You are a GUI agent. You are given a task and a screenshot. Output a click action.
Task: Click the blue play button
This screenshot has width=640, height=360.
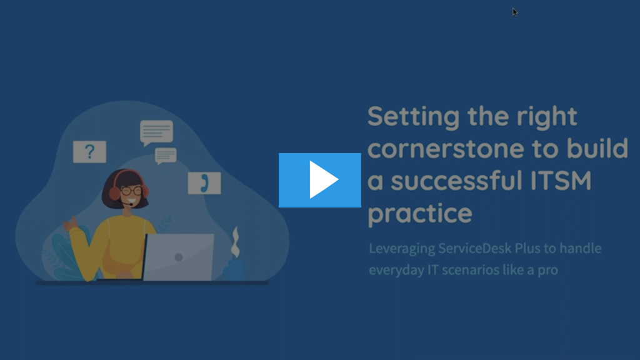pos(319,180)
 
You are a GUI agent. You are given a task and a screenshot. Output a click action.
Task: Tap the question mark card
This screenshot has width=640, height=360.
pos(89,151)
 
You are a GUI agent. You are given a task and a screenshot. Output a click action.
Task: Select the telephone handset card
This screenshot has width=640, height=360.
pos(204,183)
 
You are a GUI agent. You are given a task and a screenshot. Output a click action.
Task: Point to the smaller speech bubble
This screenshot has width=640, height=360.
pos(165,156)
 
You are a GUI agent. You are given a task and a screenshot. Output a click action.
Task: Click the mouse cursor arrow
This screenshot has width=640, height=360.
pos(515,12)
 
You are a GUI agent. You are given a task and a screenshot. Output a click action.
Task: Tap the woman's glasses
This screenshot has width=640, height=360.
pos(131,191)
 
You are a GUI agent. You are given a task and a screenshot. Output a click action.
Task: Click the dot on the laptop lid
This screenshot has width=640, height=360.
pos(178,257)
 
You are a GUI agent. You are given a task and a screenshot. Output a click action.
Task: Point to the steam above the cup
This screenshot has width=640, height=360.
pos(235,242)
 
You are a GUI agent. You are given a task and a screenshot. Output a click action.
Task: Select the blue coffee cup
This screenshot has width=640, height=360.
pos(234,269)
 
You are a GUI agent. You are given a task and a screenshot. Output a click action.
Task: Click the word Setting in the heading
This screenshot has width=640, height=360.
pos(414,117)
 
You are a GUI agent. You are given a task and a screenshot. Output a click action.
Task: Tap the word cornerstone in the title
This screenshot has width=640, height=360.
pos(446,149)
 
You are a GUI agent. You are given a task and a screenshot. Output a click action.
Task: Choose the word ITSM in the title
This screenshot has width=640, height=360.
pos(561,181)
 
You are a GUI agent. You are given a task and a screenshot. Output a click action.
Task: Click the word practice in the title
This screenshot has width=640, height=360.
pos(420,214)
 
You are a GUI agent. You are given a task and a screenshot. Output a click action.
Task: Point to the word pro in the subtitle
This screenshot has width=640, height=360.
pos(547,271)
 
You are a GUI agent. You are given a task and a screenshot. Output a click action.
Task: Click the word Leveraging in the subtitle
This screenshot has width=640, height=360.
pos(402,249)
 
